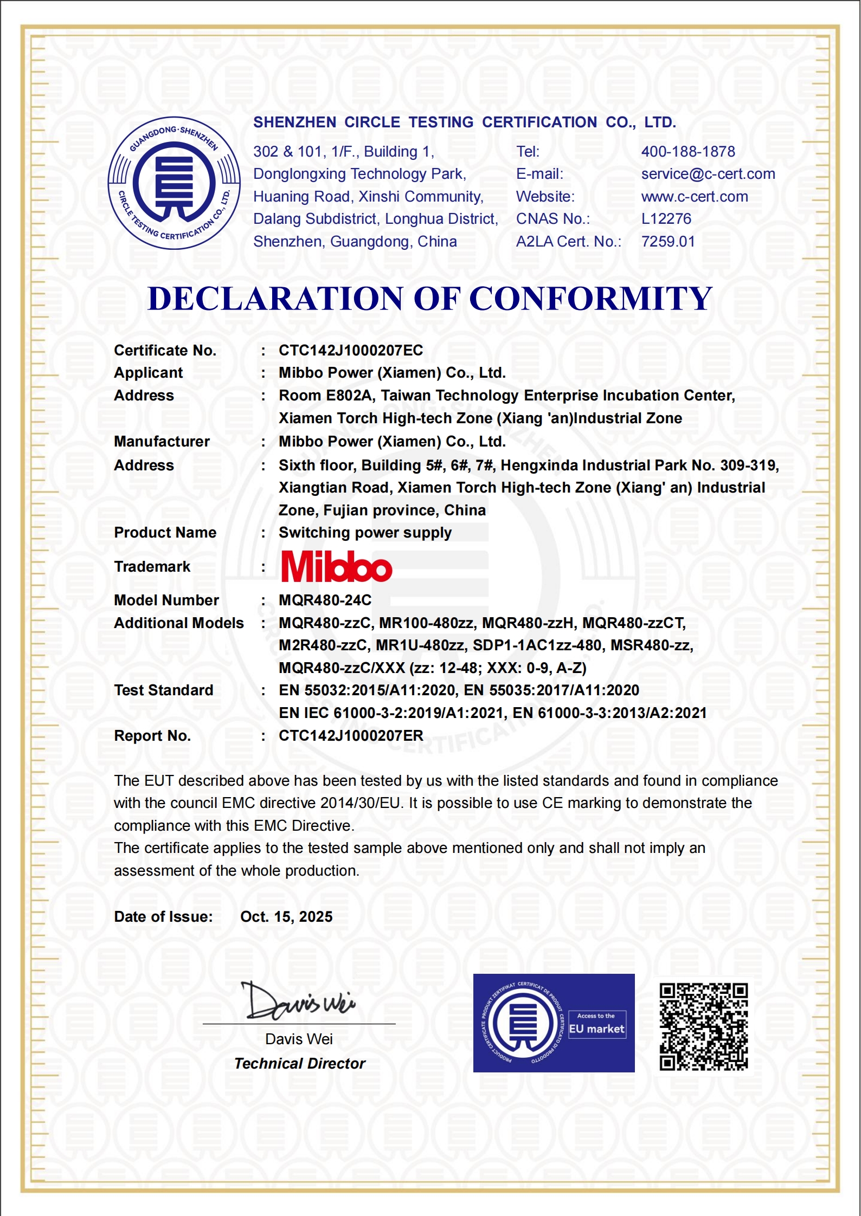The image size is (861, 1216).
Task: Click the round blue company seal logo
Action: [x=174, y=183]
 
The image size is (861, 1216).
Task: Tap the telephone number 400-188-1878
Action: [x=688, y=152]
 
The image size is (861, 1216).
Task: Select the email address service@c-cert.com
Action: [x=708, y=174]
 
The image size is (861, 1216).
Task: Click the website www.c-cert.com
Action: [x=695, y=197]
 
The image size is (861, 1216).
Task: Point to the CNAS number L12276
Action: [x=666, y=219]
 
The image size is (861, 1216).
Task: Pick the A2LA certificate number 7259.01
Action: [x=668, y=242]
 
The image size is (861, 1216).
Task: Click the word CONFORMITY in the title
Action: [x=590, y=299]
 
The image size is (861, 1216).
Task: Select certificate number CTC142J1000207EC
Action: [x=351, y=351]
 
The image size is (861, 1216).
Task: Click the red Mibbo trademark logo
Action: [x=337, y=567]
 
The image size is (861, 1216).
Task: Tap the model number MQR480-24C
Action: [x=325, y=600]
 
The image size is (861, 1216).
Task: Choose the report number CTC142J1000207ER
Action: [x=351, y=736]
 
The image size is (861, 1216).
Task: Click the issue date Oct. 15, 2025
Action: [x=286, y=917]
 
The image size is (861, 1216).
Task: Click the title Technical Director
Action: [x=300, y=1064]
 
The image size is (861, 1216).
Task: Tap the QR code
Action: [x=703, y=1027]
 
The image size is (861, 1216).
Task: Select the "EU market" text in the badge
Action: [x=596, y=1029]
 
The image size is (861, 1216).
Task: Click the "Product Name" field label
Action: [x=165, y=533]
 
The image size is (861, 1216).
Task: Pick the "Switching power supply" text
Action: [x=365, y=533]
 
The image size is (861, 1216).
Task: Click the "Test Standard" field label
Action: [x=164, y=690]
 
